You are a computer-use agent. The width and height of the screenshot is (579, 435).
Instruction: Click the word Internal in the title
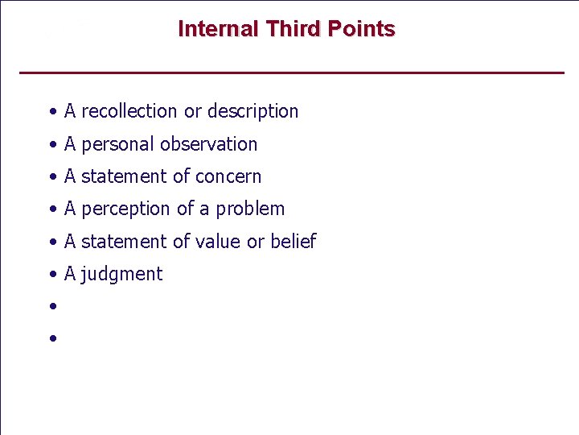click(x=218, y=29)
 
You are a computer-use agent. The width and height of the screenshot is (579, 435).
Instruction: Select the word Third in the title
click(x=293, y=29)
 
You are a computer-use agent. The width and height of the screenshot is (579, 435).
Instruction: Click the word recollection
click(x=129, y=111)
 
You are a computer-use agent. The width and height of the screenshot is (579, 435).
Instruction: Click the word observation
click(x=209, y=144)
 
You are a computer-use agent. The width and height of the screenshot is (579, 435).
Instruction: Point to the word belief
click(x=293, y=241)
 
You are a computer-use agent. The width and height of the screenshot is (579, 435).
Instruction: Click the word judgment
click(x=121, y=275)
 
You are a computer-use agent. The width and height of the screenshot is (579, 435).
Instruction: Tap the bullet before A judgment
click(x=51, y=275)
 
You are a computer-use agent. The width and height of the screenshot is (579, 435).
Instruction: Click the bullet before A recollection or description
click(x=51, y=112)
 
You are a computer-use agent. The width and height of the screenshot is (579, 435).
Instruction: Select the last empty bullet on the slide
click(x=51, y=339)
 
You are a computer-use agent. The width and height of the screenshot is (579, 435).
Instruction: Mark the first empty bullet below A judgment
click(x=51, y=307)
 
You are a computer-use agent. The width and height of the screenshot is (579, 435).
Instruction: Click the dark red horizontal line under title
click(x=291, y=73)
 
